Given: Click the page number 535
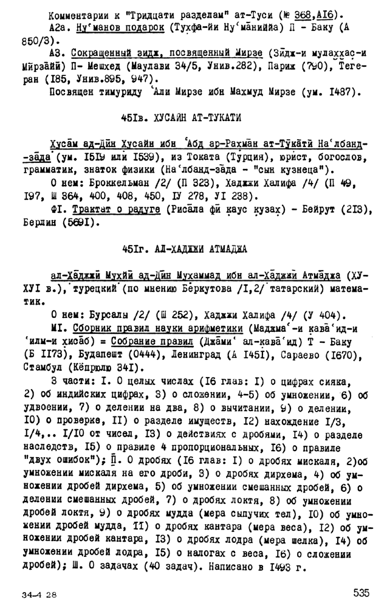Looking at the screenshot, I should point(360,592).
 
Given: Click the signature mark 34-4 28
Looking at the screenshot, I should point(39,593).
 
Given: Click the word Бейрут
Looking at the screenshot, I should point(308,209).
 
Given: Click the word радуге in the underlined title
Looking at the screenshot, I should point(141,209).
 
